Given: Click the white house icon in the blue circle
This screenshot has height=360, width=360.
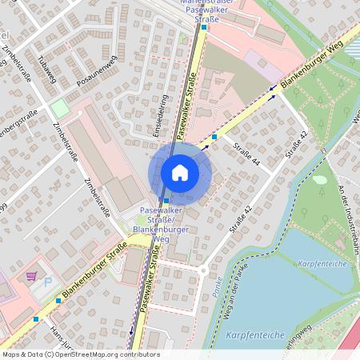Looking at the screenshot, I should [180, 172].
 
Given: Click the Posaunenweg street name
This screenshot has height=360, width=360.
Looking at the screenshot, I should [97, 70].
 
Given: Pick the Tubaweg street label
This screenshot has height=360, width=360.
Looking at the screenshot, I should [47, 70].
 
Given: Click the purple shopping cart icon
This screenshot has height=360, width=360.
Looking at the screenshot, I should [31, 276].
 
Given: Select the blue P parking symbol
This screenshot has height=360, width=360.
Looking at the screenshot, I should [47, 282].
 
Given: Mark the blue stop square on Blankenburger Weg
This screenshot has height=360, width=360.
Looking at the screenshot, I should [214, 137].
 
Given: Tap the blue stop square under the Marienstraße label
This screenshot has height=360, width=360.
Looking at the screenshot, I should [204, 27].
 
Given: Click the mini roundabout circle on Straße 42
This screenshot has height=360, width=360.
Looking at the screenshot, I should [203, 270].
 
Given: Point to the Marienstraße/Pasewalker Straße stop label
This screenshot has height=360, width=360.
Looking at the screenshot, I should [206, 9].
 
